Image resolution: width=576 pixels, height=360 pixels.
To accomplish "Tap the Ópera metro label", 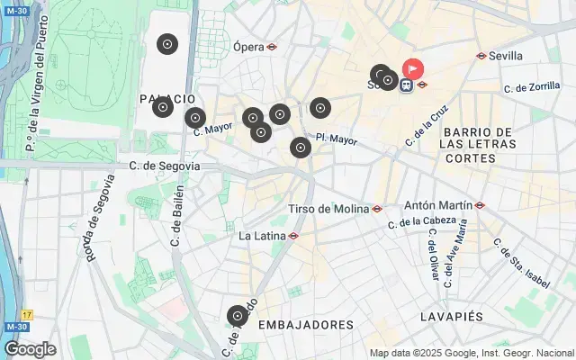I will click(x=248, y=47).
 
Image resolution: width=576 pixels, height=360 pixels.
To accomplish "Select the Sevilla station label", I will click(x=506, y=55).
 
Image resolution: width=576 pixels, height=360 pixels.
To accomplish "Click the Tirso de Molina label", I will click(x=328, y=209).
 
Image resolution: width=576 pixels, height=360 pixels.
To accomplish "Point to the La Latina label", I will click(x=262, y=236).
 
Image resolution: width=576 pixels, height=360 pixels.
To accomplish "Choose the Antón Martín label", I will click(x=438, y=205).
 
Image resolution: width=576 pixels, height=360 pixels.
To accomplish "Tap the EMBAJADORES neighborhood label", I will click(x=305, y=324).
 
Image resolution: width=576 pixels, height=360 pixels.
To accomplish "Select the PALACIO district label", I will click(x=167, y=98).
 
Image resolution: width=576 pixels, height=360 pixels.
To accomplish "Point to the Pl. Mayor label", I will click(x=337, y=139).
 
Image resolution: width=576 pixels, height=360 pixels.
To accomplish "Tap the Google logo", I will click(x=30, y=349).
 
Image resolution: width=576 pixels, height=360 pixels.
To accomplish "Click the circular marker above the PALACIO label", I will click(x=166, y=44).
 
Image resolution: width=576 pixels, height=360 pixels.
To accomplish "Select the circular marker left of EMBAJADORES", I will click(x=237, y=316).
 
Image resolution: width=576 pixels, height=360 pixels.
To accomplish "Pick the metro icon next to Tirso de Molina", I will click(x=377, y=209).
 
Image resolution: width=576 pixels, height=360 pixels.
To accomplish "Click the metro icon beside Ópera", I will click(x=272, y=47).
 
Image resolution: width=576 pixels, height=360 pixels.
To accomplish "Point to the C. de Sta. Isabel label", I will click(x=521, y=263).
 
